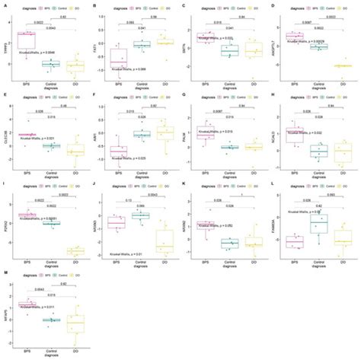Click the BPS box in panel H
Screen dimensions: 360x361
(295, 135)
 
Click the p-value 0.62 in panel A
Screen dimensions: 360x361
(63, 17)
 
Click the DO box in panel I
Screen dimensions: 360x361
(75, 250)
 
